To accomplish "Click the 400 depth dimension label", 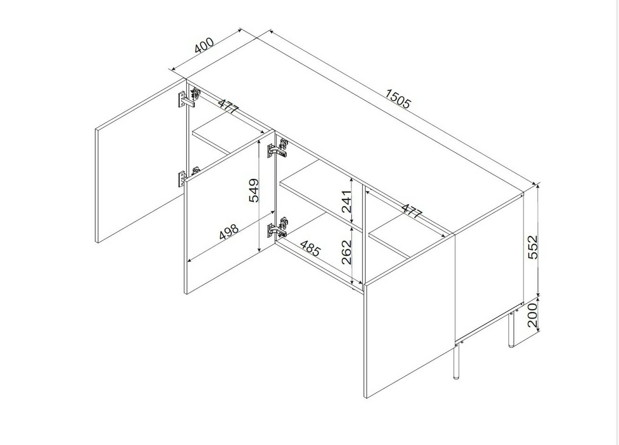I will click(204, 45).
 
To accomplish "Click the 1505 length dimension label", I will click(398, 99).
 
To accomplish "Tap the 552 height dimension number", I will click(533, 247).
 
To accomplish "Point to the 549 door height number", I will click(254, 190).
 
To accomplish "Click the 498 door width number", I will click(229, 232).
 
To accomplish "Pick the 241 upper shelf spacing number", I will click(347, 201).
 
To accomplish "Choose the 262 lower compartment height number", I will click(347, 252).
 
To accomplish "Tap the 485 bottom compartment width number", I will click(310, 248).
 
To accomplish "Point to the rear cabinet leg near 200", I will click(511, 330).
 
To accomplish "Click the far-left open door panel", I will click(139, 161).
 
